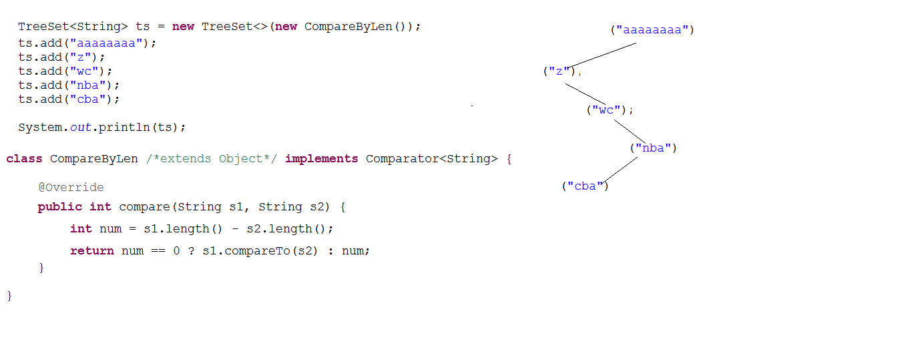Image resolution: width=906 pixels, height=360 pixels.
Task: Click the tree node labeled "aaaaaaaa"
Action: point(652,30)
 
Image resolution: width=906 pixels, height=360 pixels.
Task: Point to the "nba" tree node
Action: point(653,148)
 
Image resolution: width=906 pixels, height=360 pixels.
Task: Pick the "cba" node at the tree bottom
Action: point(586,186)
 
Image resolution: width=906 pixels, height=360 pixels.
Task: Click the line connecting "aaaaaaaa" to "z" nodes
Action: point(602,55)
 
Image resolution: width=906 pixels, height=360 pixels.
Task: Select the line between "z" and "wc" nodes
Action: point(586,94)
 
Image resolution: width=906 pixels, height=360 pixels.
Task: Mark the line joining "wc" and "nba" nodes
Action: point(630,132)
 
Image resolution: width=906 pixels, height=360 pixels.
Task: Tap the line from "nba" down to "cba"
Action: point(619,170)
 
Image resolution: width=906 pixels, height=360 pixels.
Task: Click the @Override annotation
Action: point(71,187)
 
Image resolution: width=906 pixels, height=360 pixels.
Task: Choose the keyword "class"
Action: point(24,158)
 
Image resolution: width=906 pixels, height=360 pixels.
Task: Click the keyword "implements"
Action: point(322,158)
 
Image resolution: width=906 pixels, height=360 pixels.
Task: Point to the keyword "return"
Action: point(92,250)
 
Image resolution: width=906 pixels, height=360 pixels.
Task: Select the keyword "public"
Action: point(60,206)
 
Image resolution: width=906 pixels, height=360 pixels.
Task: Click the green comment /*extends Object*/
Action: point(212,158)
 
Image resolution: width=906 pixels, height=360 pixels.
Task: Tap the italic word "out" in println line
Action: point(81,127)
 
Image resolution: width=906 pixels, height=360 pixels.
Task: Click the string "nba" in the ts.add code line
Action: point(87,85)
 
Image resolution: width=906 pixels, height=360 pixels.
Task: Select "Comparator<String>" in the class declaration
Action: point(431,158)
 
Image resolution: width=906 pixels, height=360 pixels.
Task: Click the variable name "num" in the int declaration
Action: point(110,229)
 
